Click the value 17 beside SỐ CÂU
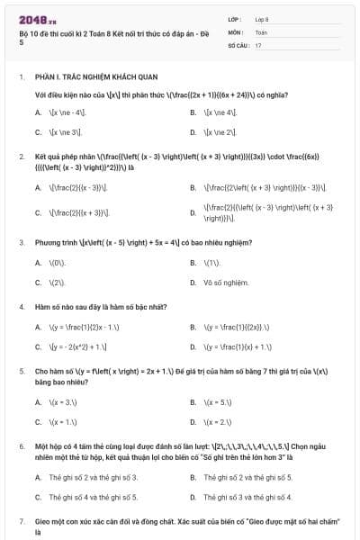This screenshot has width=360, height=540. (x=258, y=44)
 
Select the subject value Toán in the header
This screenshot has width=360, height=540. (x=261, y=31)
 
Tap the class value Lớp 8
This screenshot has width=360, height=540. (x=262, y=19)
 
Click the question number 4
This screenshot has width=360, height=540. (x=21, y=307)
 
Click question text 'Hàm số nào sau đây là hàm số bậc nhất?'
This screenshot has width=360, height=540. (x=100, y=307)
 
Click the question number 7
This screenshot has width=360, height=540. (x=21, y=522)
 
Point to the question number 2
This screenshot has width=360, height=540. (x=21, y=157)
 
